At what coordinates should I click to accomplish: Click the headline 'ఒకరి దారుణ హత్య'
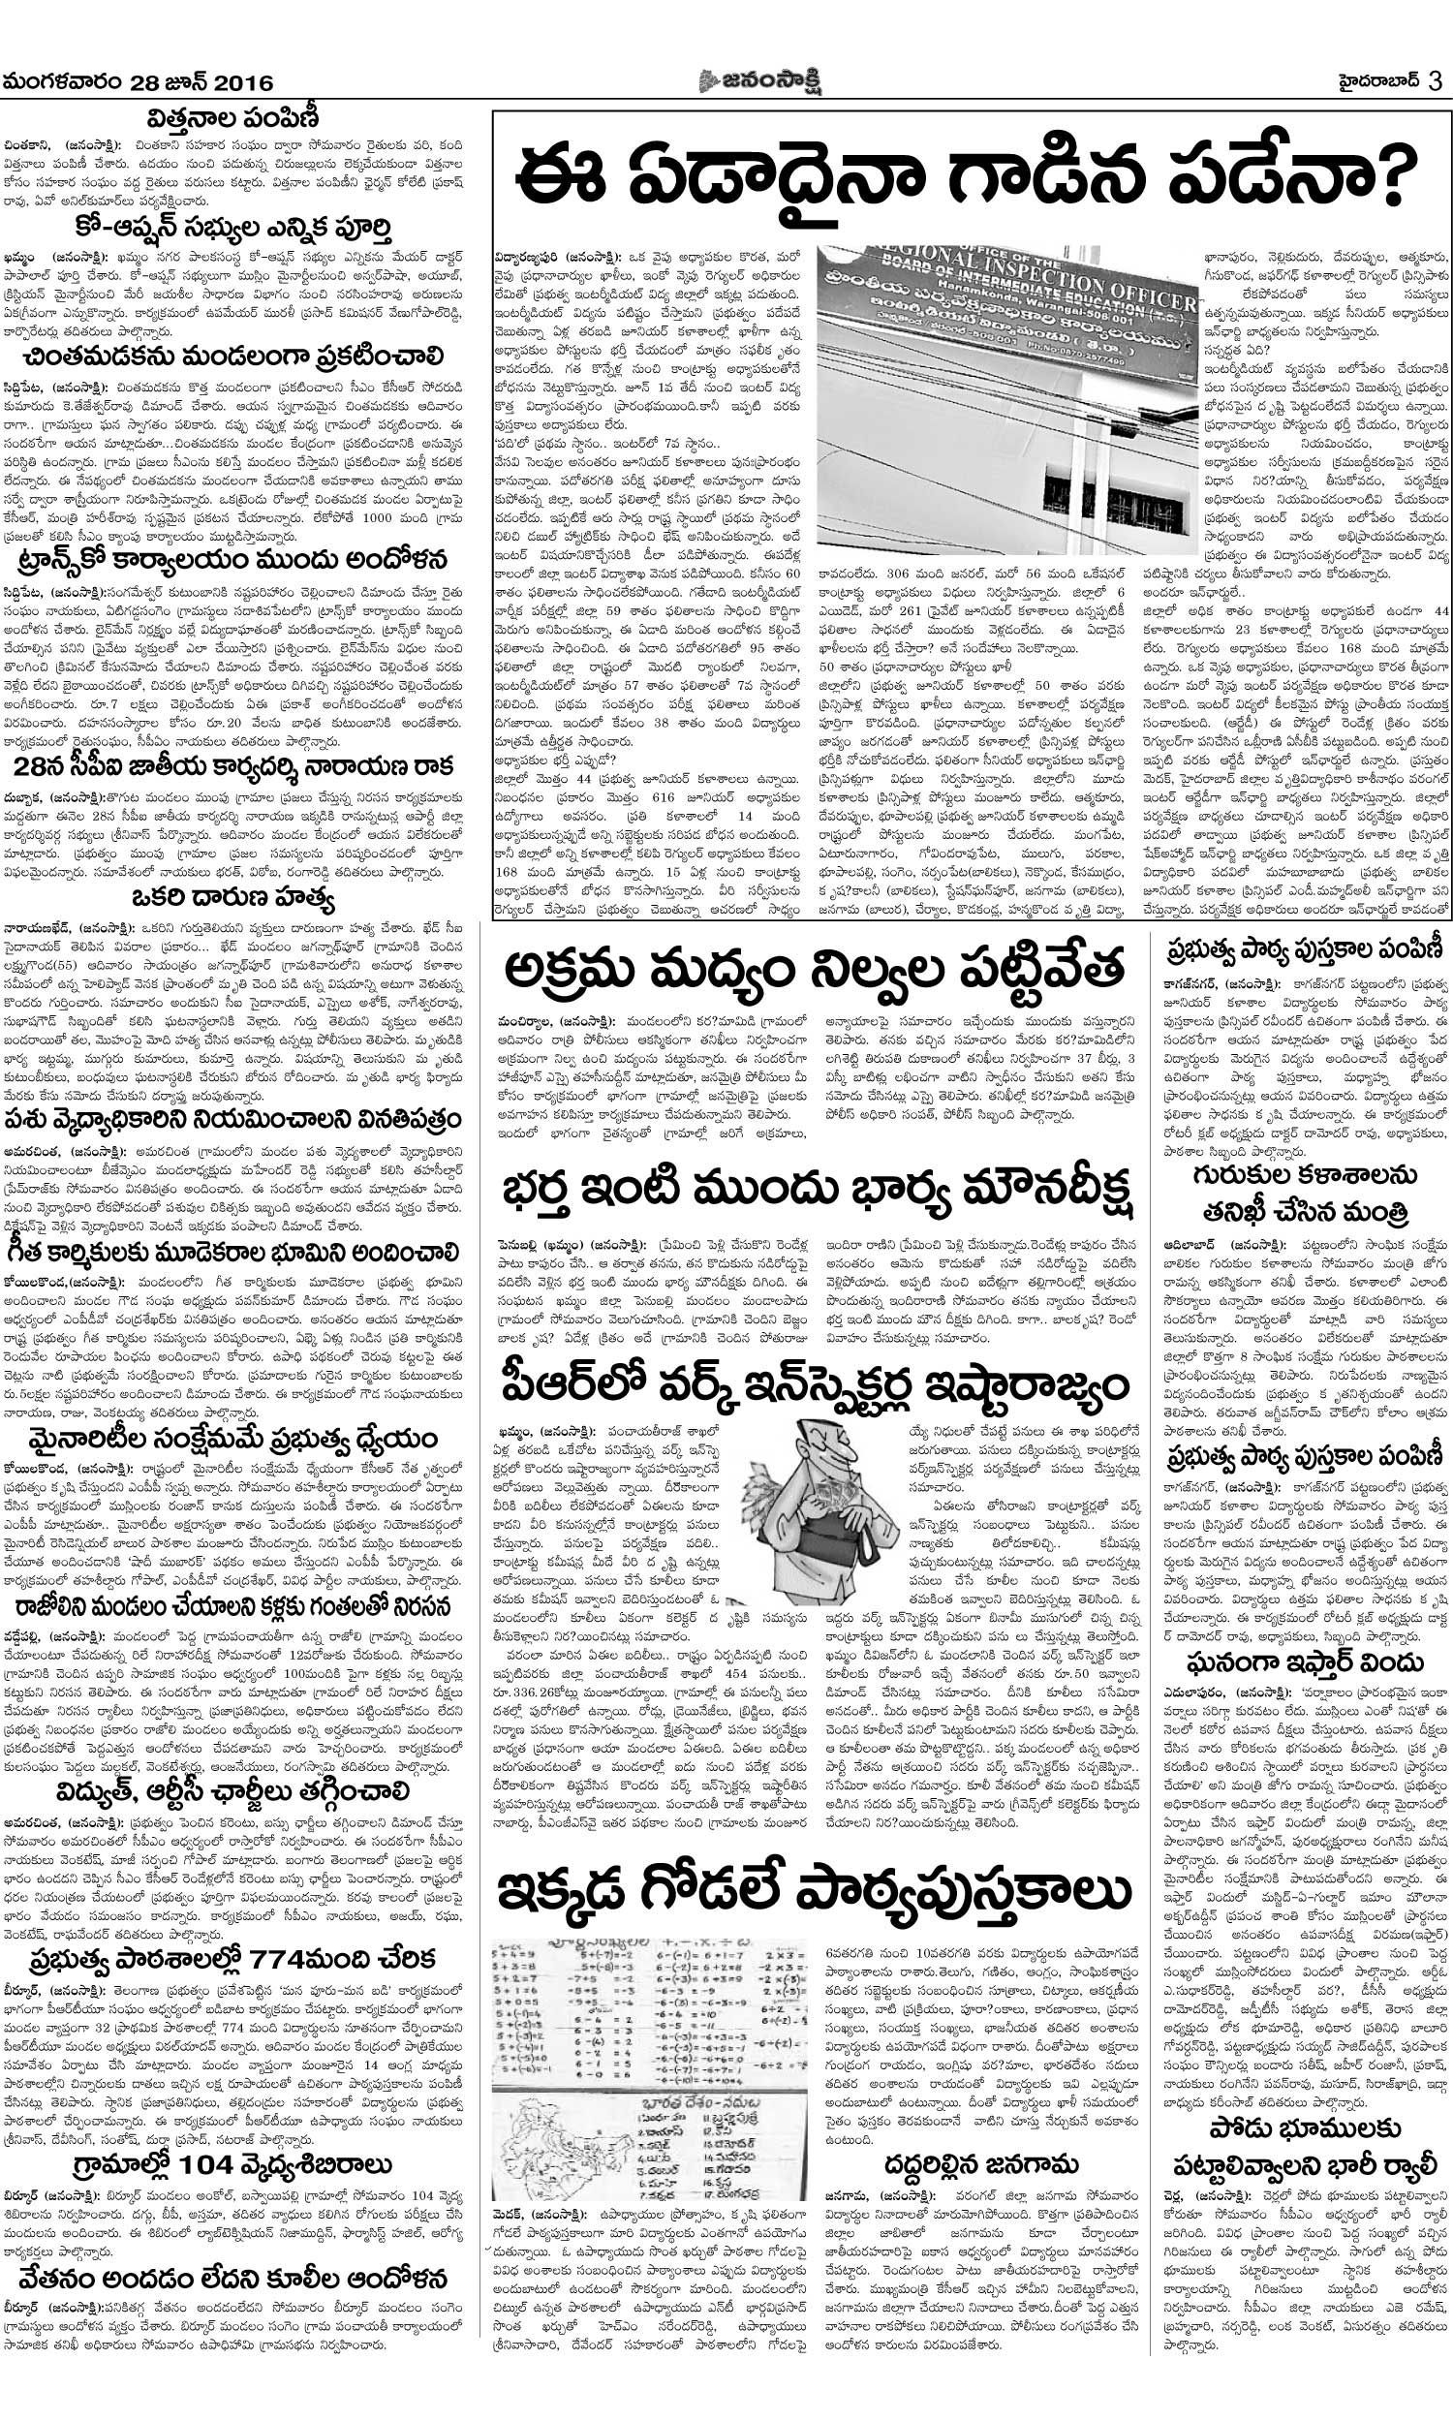click(234, 900)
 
